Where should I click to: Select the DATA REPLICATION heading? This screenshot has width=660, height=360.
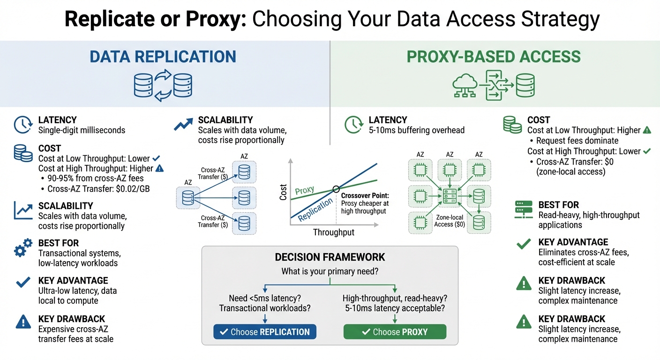click(163, 57)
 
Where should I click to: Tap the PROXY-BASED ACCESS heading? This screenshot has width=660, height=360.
click(494, 57)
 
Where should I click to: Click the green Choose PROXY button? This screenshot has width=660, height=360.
click(395, 332)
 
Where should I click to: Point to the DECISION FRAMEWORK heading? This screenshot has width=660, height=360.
click(330, 257)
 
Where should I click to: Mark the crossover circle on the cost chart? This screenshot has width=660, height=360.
click(336, 189)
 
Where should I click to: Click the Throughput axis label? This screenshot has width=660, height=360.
click(333, 232)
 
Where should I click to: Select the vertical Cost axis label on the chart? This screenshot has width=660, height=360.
click(283, 192)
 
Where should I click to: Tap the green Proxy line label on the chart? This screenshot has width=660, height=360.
click(305, 190)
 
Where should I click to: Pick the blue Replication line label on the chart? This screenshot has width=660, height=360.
click(315, 209)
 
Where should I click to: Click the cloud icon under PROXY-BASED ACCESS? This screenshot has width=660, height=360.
click(465, 85)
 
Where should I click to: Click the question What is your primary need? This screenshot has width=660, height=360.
click(330, 271)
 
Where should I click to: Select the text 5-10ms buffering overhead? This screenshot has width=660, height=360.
click(417, 130)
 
